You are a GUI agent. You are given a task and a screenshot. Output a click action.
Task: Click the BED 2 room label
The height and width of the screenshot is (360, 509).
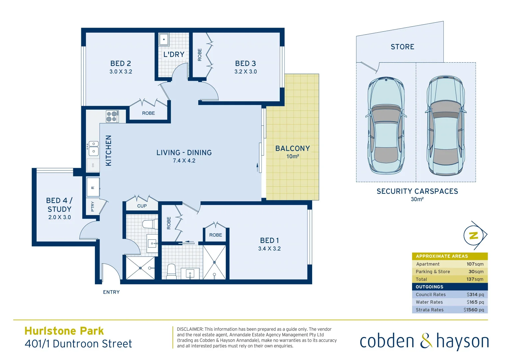tap(121, 63)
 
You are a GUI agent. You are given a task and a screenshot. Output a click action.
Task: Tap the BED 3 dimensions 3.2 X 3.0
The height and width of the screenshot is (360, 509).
tap(246, 72)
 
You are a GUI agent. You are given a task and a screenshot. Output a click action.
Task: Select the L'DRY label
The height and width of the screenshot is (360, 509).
tap(174, 54)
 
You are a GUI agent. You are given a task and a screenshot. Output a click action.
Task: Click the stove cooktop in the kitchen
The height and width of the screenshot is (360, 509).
tap(112, 116)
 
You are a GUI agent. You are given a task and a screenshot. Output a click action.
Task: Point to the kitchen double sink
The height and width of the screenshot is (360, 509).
tap(93, 148)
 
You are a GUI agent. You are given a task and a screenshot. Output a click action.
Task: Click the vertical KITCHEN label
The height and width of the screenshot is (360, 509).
tap(109, 150)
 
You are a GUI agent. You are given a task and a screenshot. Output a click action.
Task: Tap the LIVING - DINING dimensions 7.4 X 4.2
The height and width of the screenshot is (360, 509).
tap(184, 161)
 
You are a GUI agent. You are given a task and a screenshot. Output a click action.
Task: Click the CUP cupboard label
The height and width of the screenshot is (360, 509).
tap(142, 206)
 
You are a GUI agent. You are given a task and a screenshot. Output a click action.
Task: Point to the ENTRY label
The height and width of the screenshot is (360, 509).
tap(111, 292)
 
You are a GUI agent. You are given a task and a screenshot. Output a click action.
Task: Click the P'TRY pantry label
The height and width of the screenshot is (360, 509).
tap(93, 206)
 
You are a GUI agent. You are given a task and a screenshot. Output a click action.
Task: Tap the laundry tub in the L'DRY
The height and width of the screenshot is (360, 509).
tap(164, 39)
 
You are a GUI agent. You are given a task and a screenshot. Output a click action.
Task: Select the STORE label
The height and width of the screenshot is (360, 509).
tap(402, 47)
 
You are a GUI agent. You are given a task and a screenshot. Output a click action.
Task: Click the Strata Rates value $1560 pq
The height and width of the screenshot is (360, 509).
tap(473, 310)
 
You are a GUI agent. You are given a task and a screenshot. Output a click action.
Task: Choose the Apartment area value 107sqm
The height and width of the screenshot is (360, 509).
tap(475, 264)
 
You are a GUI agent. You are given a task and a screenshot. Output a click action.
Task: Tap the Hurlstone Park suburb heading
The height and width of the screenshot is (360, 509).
tap(64, 331)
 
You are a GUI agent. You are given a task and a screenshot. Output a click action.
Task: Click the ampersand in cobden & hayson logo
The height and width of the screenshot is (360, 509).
tap(426, 341)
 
